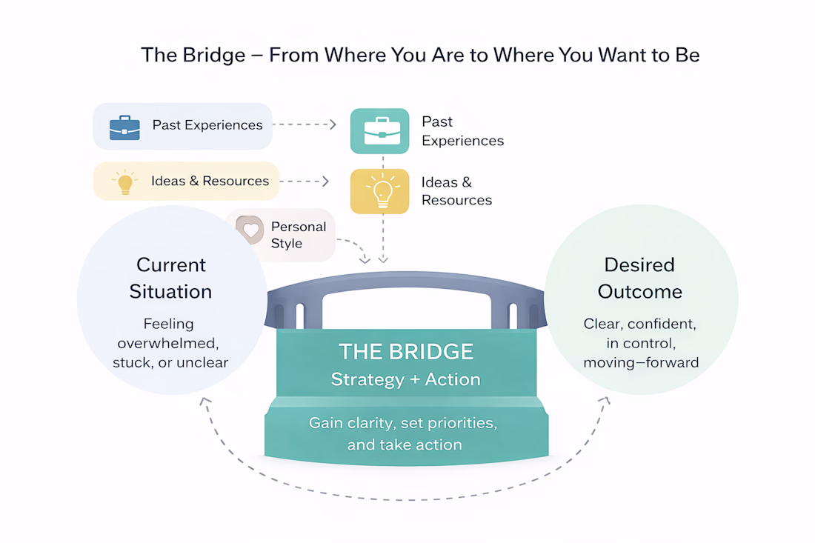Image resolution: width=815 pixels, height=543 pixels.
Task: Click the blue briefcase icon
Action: coord(124,127)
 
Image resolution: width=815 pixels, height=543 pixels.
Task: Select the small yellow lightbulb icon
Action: coord(124,182)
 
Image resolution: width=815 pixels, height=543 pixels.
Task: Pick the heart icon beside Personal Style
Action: coord(251,230)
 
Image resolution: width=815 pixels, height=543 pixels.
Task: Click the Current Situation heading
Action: coord(170,278)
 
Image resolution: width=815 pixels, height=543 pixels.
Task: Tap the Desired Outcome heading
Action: coord(639,278)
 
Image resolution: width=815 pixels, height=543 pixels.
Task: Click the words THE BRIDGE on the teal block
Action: coord(405,351)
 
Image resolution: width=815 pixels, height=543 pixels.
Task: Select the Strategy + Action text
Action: coord(405,380)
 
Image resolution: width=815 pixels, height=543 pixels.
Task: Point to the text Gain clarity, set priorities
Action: coord(402,423)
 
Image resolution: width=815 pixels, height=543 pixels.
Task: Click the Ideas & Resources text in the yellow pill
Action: coord(210,181)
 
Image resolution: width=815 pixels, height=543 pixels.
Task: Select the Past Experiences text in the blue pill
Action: coord(207,125)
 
